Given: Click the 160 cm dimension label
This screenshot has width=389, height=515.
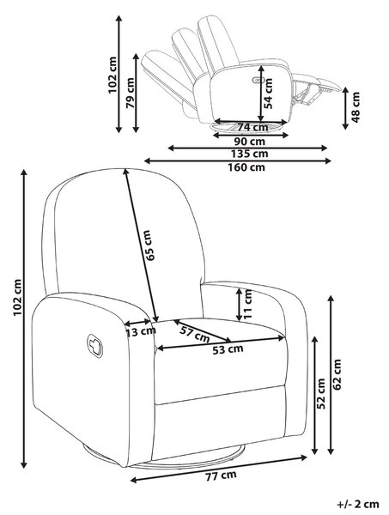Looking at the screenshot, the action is (x=246, y=167).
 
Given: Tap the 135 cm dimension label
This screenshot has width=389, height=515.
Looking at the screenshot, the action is (x=249, y=154).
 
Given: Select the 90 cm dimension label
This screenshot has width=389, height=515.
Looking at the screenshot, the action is (x=250, y=142).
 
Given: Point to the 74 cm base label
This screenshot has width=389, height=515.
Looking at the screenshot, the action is (x=252, y=126).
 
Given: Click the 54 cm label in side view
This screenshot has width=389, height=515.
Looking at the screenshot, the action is (x=269, y=94).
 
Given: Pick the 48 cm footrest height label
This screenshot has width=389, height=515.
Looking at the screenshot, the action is (x=356, y=107).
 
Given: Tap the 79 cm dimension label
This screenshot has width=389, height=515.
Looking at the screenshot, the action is (x=131, y=94).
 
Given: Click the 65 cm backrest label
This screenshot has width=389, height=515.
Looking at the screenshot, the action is (x=149, y=245).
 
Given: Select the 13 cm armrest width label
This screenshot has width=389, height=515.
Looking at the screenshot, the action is (x=141, y=332).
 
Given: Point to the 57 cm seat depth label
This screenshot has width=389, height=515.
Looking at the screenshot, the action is (x=195, y=334).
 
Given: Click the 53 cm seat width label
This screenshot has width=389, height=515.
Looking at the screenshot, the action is (x=228, y=349).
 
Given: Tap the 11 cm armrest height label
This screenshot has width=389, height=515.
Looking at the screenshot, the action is (x=247, y=304).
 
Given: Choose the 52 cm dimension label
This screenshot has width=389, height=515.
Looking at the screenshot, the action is (x=320, y=393).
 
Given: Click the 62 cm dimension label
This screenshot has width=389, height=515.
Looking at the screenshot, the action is (x=337, y=374).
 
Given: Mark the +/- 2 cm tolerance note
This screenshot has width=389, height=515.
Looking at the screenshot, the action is (x=358, y=504).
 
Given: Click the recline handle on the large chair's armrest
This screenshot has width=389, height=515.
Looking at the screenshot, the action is (x=95, y=346).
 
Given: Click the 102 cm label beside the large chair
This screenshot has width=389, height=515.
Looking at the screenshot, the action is (x=17, y=298).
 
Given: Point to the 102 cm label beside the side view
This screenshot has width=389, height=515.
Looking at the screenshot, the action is (x=112, y=75).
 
